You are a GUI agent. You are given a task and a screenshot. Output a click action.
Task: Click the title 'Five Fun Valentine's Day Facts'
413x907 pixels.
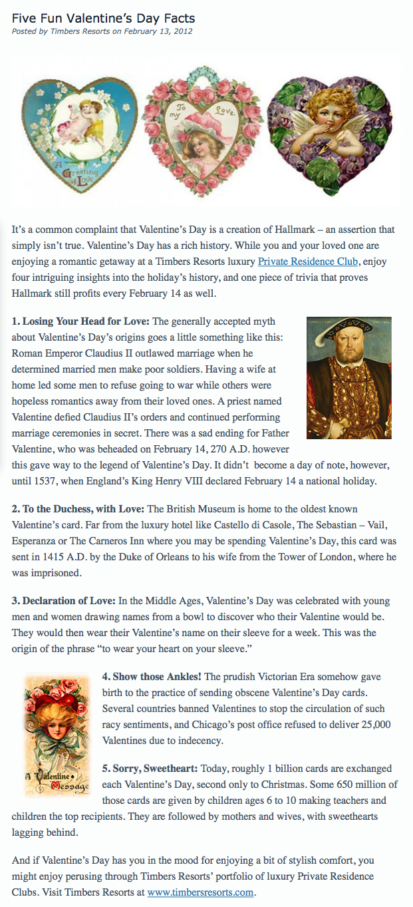coord(103,18)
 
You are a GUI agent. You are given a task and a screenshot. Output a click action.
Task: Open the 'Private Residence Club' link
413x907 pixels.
coord(308,262)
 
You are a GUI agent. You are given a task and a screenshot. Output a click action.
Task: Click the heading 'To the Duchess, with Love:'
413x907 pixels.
coord(78,509)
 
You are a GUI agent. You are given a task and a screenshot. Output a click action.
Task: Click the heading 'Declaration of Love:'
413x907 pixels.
coord(64,601)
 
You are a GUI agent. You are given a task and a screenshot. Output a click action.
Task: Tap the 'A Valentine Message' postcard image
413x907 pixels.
coord(57,735)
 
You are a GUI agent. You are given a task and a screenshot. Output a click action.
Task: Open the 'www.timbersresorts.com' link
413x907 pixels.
coord(201,892)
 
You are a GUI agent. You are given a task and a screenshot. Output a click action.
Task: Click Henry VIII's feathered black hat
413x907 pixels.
coord(339,329)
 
